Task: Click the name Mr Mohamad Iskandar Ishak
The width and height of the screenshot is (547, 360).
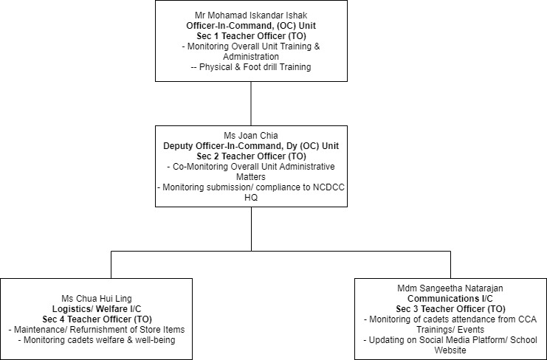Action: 251,15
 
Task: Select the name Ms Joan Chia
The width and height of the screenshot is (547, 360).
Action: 251,135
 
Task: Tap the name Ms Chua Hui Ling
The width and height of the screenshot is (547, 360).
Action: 97,299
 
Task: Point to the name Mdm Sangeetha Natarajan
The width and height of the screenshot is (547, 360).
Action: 450,288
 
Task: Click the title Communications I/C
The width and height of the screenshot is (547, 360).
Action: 450,299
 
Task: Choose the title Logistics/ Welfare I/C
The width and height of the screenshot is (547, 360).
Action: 97,309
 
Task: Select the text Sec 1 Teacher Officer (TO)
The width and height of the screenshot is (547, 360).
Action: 251,36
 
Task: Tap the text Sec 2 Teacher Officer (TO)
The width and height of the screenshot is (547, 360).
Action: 251,156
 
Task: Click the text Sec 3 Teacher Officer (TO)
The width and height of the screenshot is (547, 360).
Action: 450,309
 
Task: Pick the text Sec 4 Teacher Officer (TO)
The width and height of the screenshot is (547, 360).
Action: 97,319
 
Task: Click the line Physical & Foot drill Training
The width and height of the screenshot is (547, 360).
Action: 251,67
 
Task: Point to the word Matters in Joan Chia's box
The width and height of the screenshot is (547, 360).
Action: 251,177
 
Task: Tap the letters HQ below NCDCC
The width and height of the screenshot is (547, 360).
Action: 251,198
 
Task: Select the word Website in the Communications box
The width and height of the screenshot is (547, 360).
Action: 450,350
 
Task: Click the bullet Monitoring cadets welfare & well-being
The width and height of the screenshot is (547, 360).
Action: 97,340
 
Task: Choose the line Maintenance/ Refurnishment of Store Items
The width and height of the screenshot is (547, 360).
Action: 97,329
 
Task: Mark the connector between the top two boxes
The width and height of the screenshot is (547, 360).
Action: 251,103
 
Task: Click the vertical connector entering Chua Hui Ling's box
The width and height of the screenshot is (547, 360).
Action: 111,265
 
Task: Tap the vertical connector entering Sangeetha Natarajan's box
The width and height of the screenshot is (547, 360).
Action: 450,265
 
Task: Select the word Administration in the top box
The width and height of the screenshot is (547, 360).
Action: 251,57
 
